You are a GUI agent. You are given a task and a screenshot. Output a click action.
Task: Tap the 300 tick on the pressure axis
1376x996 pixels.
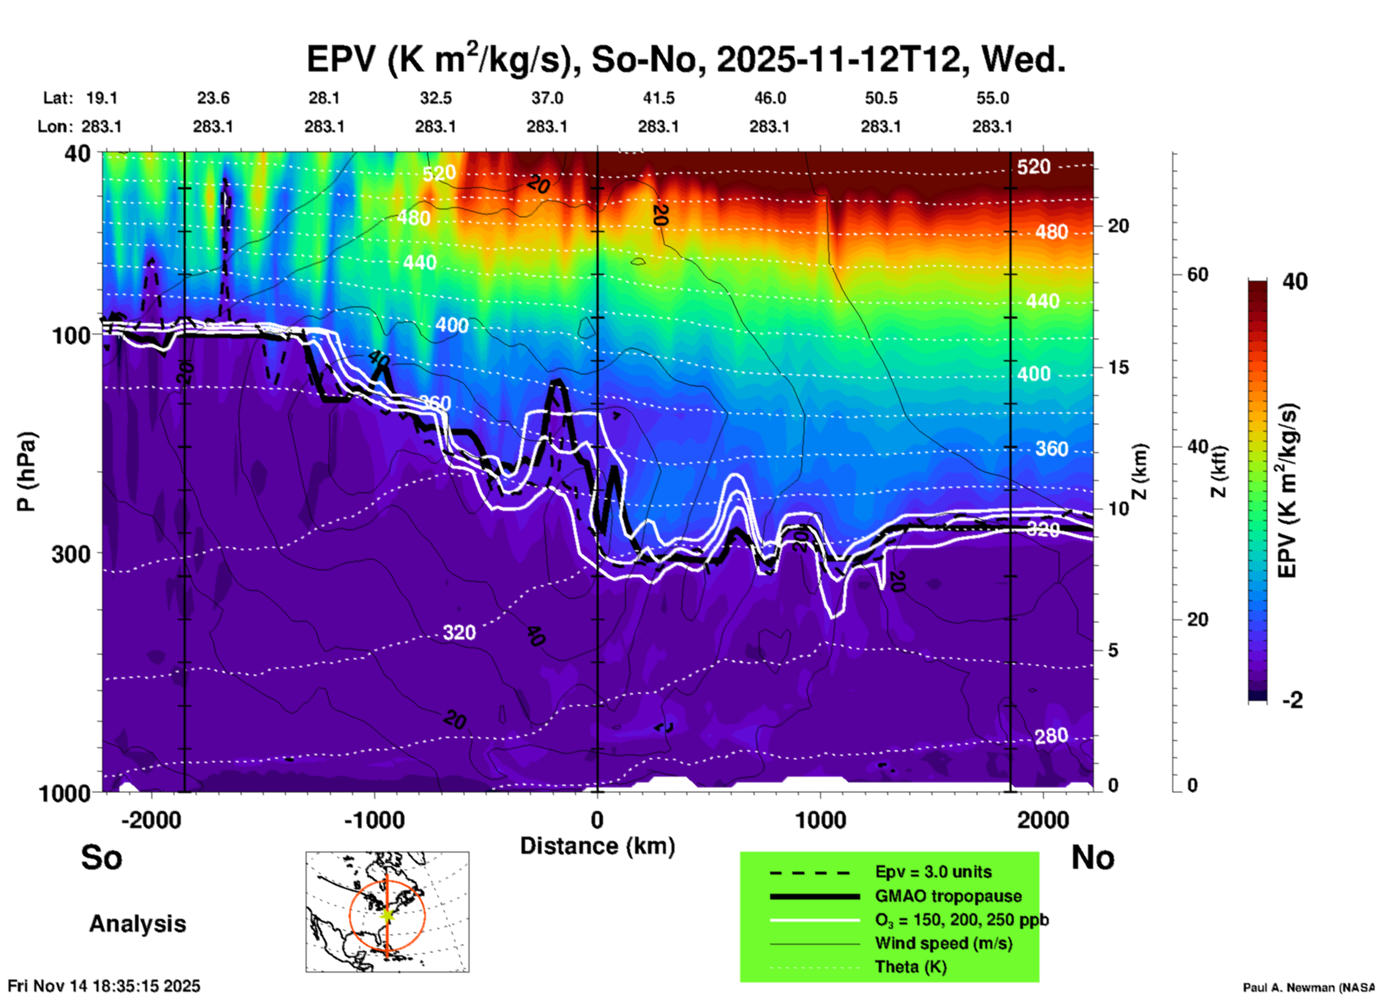click(x=71, y=554)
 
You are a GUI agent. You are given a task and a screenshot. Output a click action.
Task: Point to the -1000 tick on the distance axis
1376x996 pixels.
click(x=374, y=820)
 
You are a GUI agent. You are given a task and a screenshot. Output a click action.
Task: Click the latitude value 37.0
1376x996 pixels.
click(x=547, y=98)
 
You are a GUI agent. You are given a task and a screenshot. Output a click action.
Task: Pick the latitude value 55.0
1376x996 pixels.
click(x=992, y=98)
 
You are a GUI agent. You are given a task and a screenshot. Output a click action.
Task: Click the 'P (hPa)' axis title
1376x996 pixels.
click(x=26, y=472)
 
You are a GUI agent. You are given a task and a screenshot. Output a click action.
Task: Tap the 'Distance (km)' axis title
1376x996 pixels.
click(x=597, y=846)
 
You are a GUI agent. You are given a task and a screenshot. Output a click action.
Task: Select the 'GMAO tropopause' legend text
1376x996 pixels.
click(x=948, y=896)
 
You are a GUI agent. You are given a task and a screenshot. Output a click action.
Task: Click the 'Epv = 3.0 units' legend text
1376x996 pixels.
click(x=933, y=872)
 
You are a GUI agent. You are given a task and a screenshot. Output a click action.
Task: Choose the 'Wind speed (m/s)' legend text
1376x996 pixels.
click(x=943, y=943)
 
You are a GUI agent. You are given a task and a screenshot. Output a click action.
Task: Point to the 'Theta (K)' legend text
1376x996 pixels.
click(x=910, y=967)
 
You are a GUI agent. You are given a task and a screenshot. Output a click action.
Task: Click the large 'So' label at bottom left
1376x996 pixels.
click(x=101, y=857)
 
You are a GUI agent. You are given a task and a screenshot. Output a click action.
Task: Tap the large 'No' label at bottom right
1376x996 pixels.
click(x=1092, y=857)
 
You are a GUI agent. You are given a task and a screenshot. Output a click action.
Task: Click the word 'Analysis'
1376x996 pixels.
click(x=137, y=924)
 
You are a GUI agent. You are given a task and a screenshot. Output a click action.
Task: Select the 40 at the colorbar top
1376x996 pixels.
click(x=1295, y=282)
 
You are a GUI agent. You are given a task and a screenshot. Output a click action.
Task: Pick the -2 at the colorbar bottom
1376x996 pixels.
click(x=1292, y=700)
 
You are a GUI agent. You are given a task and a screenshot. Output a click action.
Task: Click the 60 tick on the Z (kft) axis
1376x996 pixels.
click(x=1197, y=274)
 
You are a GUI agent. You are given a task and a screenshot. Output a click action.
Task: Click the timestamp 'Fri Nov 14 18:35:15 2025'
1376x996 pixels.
click(x=104, y=986)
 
